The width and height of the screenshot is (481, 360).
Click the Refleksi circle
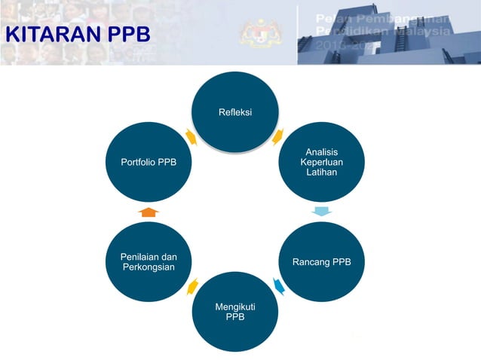[235, 113]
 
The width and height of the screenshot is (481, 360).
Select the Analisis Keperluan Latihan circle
[321, 163]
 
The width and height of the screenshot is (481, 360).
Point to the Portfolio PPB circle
[149, 163]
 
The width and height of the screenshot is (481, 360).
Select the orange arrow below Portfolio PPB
[149, 212]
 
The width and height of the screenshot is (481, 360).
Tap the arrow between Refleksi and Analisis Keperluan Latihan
[278, 136]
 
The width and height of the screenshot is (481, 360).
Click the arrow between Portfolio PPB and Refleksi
[191, 137]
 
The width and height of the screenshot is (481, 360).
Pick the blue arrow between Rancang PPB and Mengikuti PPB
[278, 287]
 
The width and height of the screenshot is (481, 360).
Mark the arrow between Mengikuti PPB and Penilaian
[192, 286]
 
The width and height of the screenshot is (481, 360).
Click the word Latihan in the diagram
[321, 173]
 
